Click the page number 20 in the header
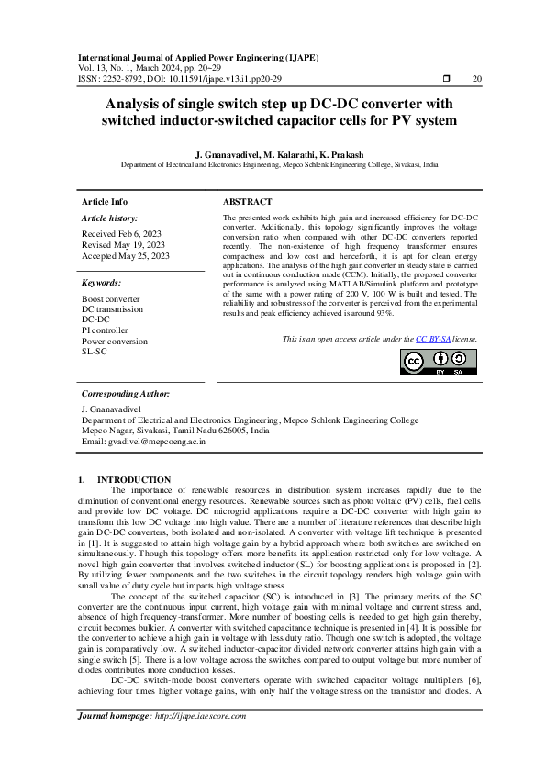click(x=475, y=79)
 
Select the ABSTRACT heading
click(x=248, y=201)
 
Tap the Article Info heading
click(x=106, y=201)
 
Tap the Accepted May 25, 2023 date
click(x=126, y=256)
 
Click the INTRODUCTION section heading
click(x=134, y=479)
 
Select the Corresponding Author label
click(x=126, y=392)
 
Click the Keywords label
click(x=101, y=283)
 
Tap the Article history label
click(x=109, y=218)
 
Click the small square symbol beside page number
click(x=447, y=79)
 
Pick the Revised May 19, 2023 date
click(x=124, y=245)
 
